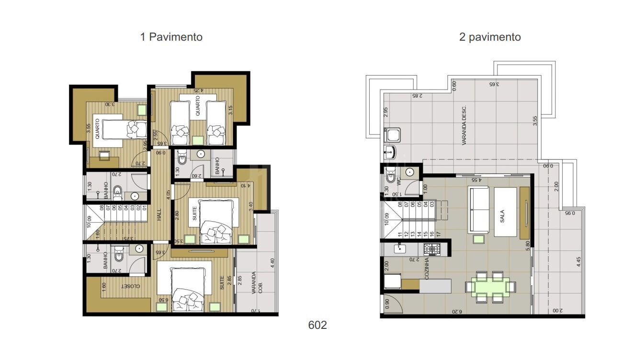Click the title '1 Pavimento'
click(171, 37)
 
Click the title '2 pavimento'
click(490, 37)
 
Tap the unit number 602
click(317, 325)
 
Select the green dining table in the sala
click(490, 286)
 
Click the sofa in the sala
click(478, 210)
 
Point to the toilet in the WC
click(390, 179)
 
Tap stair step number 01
click(144, 208)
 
